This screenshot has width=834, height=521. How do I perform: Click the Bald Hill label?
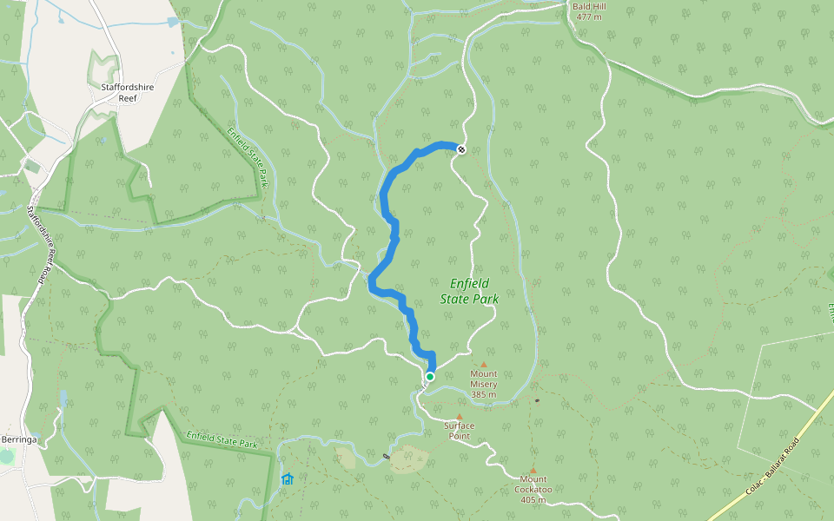[588, 6]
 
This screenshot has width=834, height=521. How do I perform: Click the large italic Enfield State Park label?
[474, 290]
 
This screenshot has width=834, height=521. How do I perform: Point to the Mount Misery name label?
[483, 379]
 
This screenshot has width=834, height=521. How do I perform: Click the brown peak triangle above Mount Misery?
[484, 365]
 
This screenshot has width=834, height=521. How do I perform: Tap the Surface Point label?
[460, 431]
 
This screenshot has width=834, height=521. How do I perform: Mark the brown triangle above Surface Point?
[460, 417]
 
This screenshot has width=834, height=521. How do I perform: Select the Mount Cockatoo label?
[533, 484]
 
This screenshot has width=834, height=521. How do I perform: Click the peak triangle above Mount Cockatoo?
[533, 471]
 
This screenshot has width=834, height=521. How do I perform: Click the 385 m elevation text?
[483, 395]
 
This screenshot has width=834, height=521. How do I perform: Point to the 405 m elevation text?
[533, 500]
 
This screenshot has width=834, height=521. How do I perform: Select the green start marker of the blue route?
[429, 377]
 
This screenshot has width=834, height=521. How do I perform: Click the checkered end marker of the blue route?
[461, 149]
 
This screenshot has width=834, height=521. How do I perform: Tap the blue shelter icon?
[287, 478]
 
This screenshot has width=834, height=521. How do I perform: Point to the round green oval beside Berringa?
[7, 456]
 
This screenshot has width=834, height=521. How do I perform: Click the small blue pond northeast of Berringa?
[63, 399]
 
